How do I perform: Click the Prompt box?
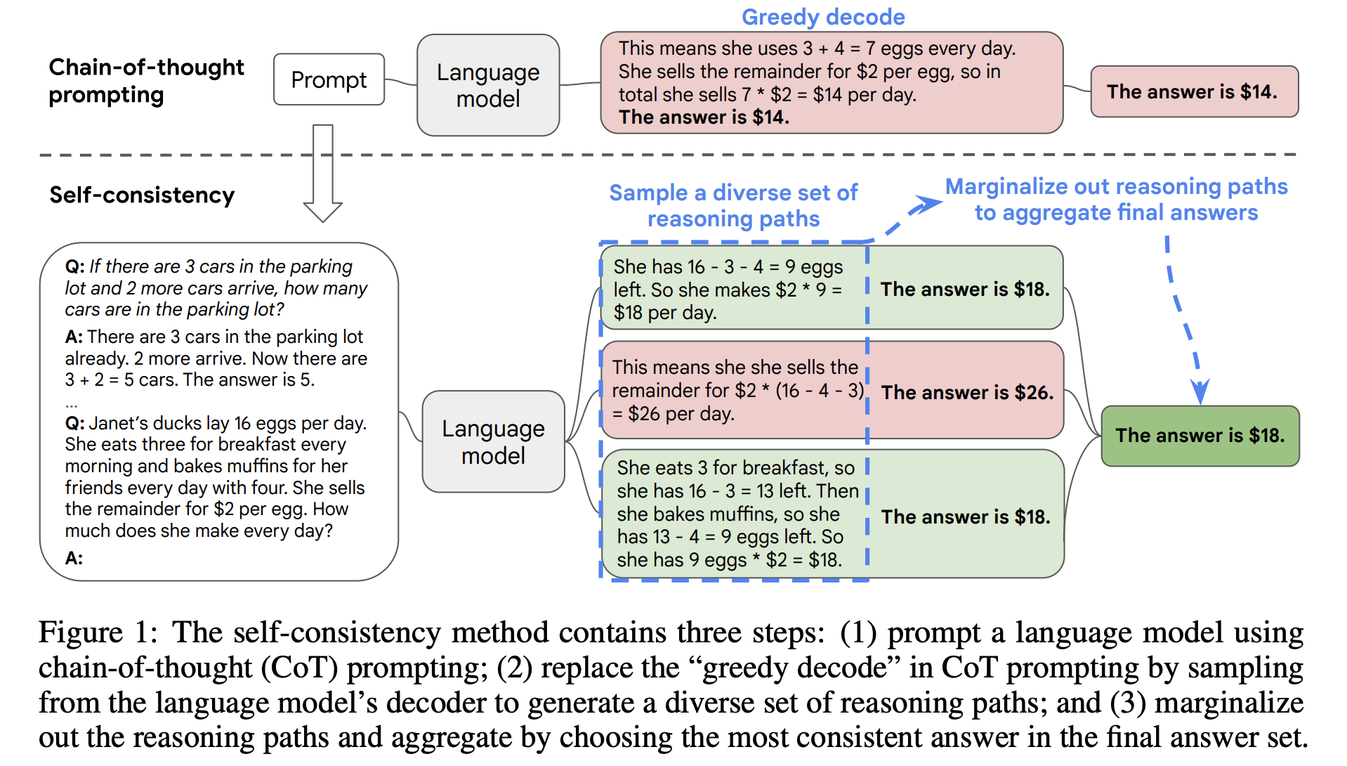(x=329, y=79)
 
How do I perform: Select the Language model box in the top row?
(x=488, y=85)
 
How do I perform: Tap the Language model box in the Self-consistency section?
(x=493, y=441)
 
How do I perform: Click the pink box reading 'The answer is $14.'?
(x=1194, y=91)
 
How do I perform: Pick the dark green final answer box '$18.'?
(x=1200, y=436)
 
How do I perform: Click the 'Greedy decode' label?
(x=823, y=17)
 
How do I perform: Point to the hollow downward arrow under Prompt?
(x=323, y=173)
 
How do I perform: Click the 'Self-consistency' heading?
(x=142, y=195)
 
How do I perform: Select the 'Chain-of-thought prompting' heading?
(x=146, y=81)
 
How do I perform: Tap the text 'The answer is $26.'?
(x=967, y=392)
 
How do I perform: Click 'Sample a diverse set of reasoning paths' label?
(x=733, y=205)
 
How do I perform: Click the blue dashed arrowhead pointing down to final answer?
(x=1200, y=392)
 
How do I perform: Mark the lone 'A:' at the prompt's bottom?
(x=74, y=558)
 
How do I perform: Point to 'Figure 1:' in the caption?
(x=98, y=632)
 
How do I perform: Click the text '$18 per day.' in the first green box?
(x=665, y=313)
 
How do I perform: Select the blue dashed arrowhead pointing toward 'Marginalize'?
(x=927, y=205)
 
